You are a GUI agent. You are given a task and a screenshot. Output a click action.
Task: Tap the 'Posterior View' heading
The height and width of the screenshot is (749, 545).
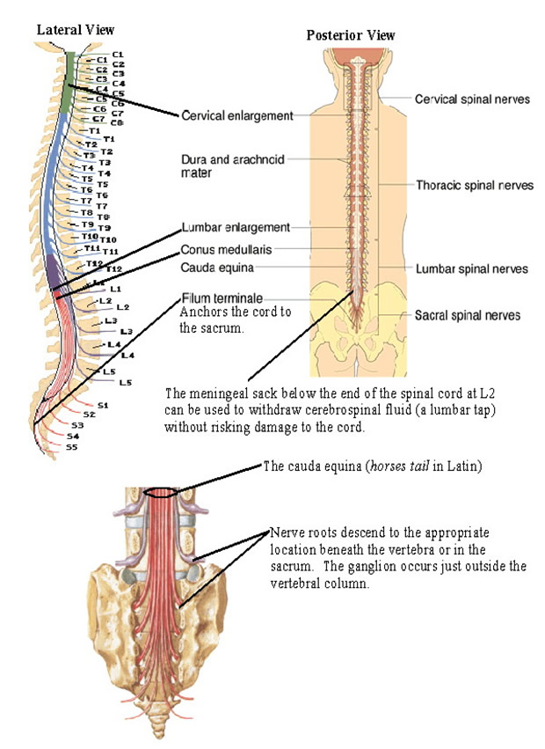[350, 35]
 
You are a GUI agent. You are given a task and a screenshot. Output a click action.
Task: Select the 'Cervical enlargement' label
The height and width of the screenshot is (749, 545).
[236, 114]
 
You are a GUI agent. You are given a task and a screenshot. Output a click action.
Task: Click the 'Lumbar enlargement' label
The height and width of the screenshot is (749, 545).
[235, 227]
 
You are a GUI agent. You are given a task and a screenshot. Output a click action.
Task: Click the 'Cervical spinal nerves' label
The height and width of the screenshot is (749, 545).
[472, 99]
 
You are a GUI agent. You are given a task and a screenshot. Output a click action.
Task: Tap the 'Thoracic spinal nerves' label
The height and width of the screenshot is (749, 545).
[472, 186]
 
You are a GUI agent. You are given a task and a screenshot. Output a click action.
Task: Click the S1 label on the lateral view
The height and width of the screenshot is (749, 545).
[103, 406]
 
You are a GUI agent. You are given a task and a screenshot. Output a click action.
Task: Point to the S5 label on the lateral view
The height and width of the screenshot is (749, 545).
[72, 447]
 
